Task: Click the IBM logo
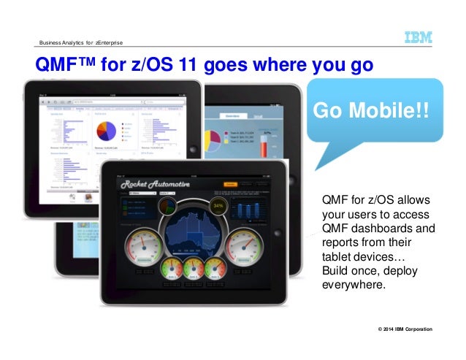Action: pyautogui.click(x=419, y=37)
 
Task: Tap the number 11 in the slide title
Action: pyautogui.click(x=175, y=66)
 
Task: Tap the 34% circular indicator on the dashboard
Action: pyautogui.click(x=217, y=206)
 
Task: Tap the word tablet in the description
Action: pyautogui.click(x=336, y=256)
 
